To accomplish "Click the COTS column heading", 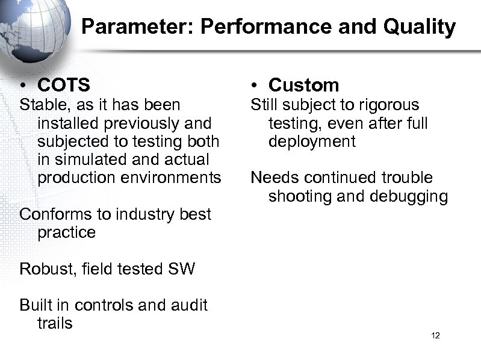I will coord(63,85).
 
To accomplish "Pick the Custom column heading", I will coord(304,85).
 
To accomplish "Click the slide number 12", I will coord(436,335).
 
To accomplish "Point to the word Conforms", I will coord(55,214).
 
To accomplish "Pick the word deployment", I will coord(312,141).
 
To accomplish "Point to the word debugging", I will coord(410,196).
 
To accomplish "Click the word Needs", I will coord(275,178).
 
